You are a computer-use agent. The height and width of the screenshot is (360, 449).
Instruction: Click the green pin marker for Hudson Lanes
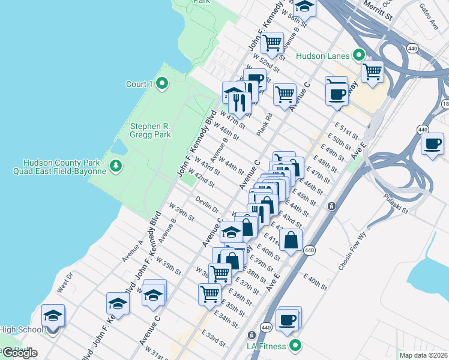(x=359, y=56)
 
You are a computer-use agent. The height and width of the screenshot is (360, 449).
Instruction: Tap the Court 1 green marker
(x=161, y=84)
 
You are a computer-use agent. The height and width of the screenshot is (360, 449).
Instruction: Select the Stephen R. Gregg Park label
(x=151, y=130)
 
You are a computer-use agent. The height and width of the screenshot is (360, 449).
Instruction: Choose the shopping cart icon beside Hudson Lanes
(x=372, y=71)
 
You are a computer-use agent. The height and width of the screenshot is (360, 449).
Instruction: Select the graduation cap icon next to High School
(x=53, y=315)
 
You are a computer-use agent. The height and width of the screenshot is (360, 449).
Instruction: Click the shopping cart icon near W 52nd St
(x=273, y=43)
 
